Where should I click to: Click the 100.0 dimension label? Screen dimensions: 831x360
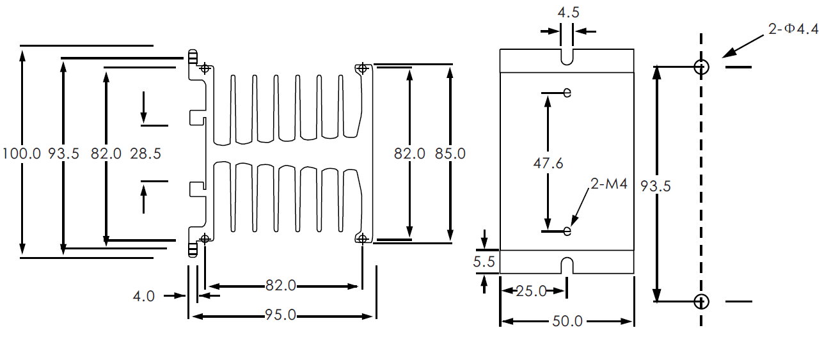pyautogui.click(x=22, y=153)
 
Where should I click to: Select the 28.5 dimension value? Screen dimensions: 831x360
pyautogui.click(x=145, y=153)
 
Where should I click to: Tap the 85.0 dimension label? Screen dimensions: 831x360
pyautogui.click(x=450, y=153)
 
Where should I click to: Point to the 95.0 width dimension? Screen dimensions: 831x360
pyautogui.click(x=280, y=315)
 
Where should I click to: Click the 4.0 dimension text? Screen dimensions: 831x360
pyautogui.click(x=143, y=296)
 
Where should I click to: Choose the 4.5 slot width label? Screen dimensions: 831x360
pyautogui.click(x=568, y=13)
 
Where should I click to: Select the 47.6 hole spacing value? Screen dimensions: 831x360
pyautogui.click(x=548, y=163)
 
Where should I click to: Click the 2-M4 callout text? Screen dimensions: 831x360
pyautogui.click(x=609, y=184)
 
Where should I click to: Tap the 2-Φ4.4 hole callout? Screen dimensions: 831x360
pyautogui.click(x=793, y=29)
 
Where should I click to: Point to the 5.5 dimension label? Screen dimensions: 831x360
pyautogui.click(x=484, y=262)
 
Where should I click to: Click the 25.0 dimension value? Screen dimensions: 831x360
pyautogui.click(x=532, y=291)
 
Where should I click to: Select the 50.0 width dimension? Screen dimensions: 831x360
pyautogui.click(x=567, y=321)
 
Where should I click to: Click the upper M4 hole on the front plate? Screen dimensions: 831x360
pyautogui.click(x=567, y=92)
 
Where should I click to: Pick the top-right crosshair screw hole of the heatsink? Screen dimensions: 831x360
pyautogui.click(x=363, y=68)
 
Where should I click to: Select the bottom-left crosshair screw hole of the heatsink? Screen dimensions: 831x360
pyautogui.click(x=205, y=239)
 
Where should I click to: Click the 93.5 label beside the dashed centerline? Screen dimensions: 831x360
pyautogui.click(x=656, y=186)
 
